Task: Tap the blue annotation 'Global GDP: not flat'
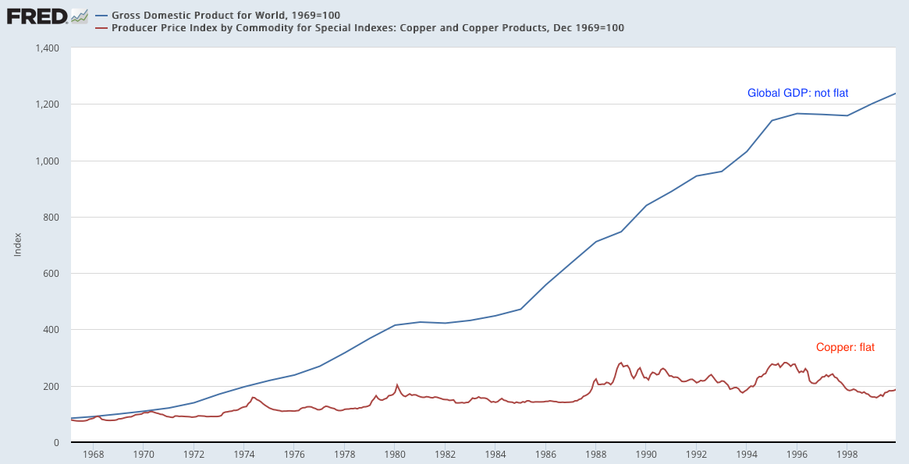[797, 93]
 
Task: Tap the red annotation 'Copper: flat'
[845, 347]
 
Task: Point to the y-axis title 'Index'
[17, 245]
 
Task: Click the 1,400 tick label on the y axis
[48, 48]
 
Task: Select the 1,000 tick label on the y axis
[48, 161]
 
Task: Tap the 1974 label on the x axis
[244, 453]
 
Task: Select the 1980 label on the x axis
[395, 453]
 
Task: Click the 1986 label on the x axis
[545, 453]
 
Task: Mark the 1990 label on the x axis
[646, 453]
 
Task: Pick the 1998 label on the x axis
[847, 453]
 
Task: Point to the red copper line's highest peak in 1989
[621, 362]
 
